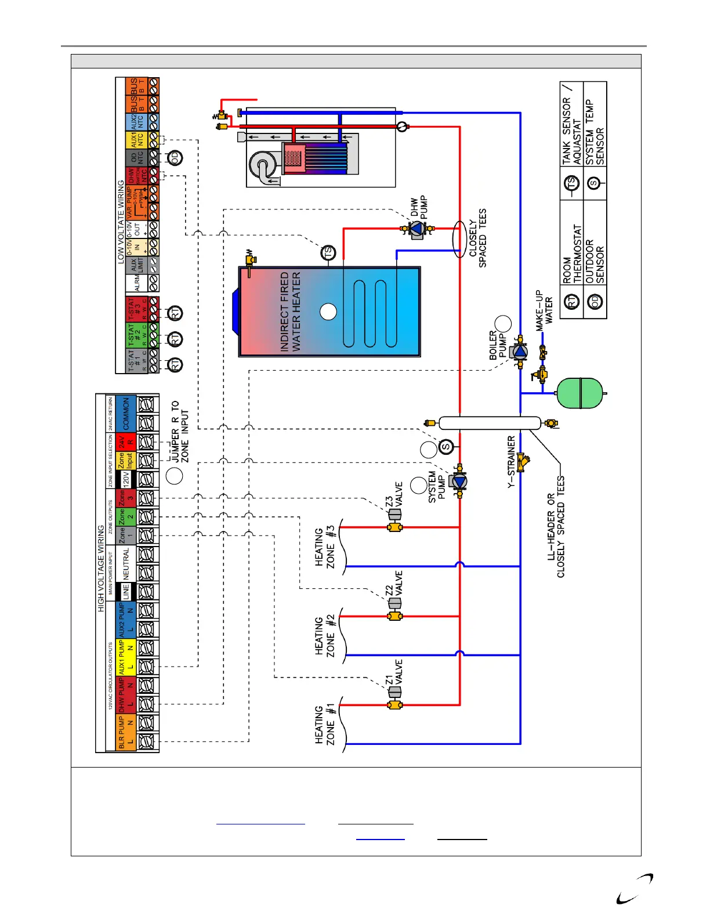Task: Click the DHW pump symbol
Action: click(418, 229)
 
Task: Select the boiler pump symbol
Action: click(520, 352)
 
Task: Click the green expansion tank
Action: click(580, 393)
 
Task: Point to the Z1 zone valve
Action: click(395, 692)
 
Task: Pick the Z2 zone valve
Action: click(395, 603)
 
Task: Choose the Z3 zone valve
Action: click(395, 515)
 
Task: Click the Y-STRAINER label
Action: click(511, 462)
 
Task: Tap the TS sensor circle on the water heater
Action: click(328, 253)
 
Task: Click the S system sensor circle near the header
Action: click(445, 447)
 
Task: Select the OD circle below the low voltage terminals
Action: click(175, 157)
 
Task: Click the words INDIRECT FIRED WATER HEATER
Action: click(291, 312)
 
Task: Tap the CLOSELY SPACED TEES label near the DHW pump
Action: click(477, 238)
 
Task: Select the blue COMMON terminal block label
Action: click(126, 414)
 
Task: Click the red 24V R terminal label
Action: click(126, 442)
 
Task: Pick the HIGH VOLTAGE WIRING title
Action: click(101, 569)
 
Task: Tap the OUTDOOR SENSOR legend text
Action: click(595, 261)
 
